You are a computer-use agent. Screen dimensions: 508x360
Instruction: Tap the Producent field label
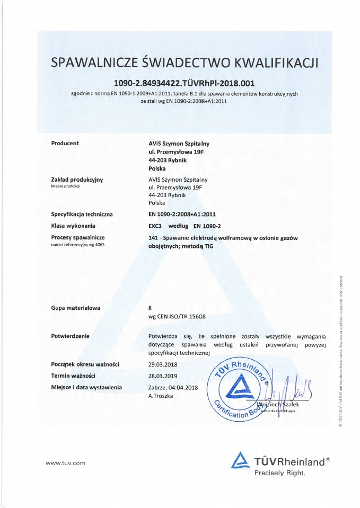[x=65, y=144]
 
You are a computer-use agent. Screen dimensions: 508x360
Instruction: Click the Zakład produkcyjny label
[x=77, y=180]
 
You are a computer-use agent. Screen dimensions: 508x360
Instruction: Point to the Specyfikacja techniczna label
[x=82, y=215]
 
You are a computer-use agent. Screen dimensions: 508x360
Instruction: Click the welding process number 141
[x=154, y=238]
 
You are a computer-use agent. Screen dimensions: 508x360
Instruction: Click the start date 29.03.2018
[x=165, y=364]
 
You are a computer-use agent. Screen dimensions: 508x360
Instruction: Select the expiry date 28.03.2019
[x=165, y=376]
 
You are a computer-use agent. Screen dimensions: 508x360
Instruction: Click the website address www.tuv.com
[x=66, y=464]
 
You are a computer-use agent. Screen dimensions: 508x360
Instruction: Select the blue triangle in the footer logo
[x=241, y=459]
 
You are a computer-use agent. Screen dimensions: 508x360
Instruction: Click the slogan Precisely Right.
[x=279, y=473]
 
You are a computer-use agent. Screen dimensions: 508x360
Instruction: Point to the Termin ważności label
[x=73, y=376]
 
